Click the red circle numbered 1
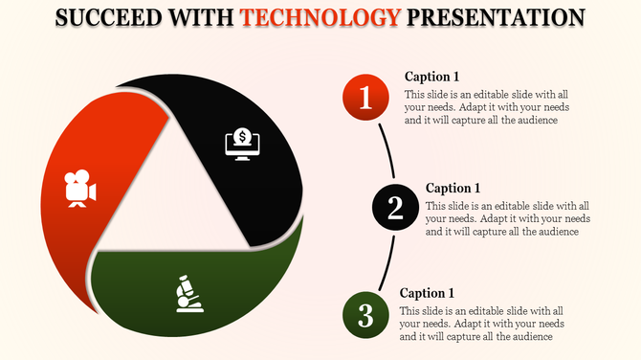[365, 97]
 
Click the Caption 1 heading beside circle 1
[432, 77]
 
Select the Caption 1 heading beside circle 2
[453, 188]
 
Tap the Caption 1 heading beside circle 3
[427, 293]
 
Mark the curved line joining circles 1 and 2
[387, 149]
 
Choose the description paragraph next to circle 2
[508, 219]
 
